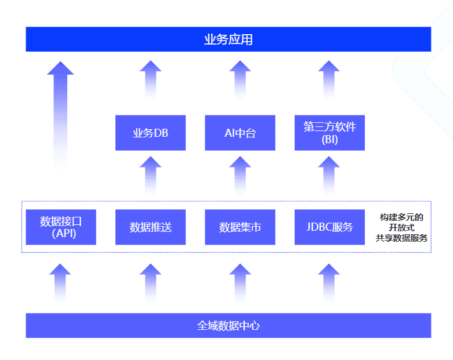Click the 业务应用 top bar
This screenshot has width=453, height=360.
pos(228,39)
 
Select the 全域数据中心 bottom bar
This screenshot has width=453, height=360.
pos(228,325)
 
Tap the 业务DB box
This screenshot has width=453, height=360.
pos(151,133)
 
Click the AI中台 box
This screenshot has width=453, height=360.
pos(240,133)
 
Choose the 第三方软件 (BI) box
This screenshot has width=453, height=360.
pos(329,133)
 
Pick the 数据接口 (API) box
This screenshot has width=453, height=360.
pos(61,227)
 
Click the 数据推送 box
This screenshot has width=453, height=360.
pos(151,227)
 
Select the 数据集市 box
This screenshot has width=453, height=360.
pos(240,227)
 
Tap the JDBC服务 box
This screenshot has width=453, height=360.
pos(329,227)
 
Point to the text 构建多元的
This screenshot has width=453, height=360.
pos(401,217)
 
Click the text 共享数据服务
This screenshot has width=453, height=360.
pos(401,238)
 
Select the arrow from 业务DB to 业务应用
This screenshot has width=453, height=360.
pos(151,80)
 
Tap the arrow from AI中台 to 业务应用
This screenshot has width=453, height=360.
pos(240,80)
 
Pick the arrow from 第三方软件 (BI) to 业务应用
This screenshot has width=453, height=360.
pos(329,80)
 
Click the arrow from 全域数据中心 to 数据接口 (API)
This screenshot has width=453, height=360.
pos(60,283)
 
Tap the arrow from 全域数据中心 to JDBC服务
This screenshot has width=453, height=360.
pos(329,283)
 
